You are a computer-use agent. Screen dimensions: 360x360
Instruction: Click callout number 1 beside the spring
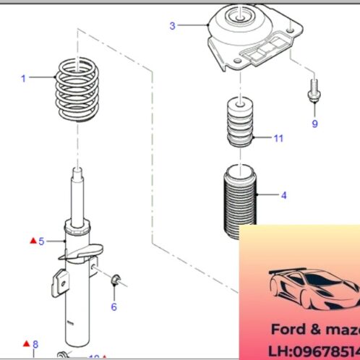coord(23,78)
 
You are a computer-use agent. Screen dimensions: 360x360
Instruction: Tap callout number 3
coord(172,26)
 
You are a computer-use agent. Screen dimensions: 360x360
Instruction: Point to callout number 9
coord(314,124)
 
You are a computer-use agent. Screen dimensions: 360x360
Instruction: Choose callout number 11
coord(278,137)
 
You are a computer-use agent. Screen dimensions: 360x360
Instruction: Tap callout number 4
coord(284,194)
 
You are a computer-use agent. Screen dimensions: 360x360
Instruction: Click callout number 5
coord(41,241)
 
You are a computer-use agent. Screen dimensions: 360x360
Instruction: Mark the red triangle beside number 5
coord(32,240)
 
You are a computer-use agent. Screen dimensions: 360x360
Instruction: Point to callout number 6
coord(113,307)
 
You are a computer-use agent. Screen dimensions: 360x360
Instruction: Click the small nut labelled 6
coord(115,280)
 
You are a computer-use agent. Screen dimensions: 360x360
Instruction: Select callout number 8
coord(35,343)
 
